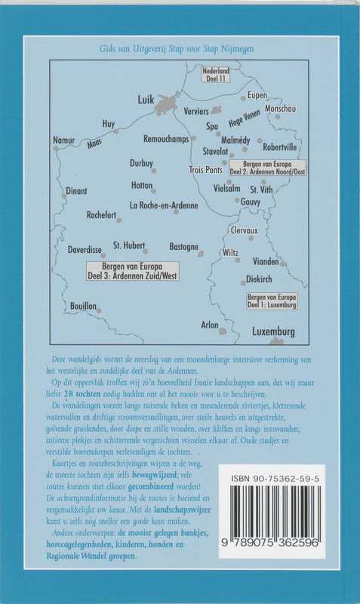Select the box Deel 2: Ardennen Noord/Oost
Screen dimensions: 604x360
267,168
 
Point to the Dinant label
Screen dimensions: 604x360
77,191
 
